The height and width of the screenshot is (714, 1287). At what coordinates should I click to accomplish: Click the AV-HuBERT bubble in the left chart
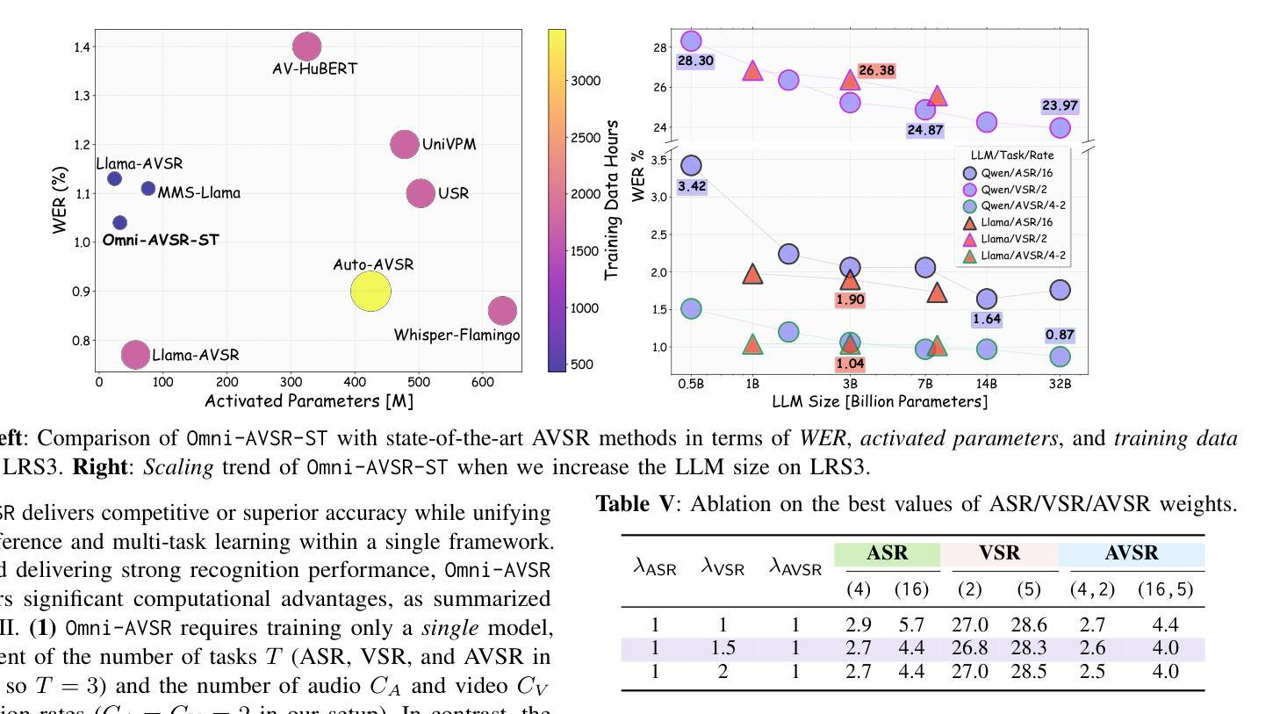coord(306,47)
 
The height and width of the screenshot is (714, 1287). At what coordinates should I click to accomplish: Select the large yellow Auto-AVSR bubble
coord(370,292)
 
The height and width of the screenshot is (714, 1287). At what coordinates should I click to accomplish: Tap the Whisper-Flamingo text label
coord(457,335)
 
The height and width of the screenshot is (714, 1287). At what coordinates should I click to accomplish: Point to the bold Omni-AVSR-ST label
coord(161,240)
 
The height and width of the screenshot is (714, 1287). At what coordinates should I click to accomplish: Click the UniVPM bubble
coord(404,145)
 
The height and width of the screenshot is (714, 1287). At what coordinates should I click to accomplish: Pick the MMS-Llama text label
coord(198,193)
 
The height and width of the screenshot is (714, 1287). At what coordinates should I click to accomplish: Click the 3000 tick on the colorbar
coord(586,81)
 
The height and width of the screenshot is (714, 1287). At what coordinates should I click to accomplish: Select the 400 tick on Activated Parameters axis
coord(355,382)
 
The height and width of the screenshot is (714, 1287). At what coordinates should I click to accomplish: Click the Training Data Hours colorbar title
coord(612,200)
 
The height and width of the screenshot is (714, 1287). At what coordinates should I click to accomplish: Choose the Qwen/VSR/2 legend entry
coord(1013,190)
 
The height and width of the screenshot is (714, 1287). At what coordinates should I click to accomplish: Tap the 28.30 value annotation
coord(695,61)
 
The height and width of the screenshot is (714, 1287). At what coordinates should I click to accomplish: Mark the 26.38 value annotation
coord(876,70)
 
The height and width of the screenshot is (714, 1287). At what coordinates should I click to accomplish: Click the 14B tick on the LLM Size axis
coord(986,383)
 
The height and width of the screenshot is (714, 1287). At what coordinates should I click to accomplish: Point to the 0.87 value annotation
coord(1060,335)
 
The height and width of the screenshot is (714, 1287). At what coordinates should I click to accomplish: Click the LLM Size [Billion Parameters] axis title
coord(880,401)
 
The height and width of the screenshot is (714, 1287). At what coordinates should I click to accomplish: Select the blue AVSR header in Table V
coord(1132,553)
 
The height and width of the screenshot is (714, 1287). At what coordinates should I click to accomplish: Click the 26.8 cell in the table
coord(969,649)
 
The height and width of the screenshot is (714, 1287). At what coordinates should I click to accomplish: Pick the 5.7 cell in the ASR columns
coord(911,625)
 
